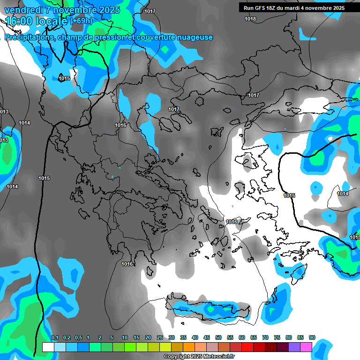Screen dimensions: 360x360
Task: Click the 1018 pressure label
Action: pos(250,19)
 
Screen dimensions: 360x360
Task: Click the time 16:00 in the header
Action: pos(19,21)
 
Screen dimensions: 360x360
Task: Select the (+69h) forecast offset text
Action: pos(82,21)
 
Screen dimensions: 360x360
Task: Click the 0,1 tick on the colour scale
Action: pos(54,338)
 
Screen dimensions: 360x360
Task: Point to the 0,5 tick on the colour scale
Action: pos(78,338)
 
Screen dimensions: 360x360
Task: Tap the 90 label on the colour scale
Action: pos(312,338)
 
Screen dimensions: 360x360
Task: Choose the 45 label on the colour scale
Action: pos(207,338)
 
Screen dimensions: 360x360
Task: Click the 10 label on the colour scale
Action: pos(125,338)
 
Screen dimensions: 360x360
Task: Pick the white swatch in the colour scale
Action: pos(48,347)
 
